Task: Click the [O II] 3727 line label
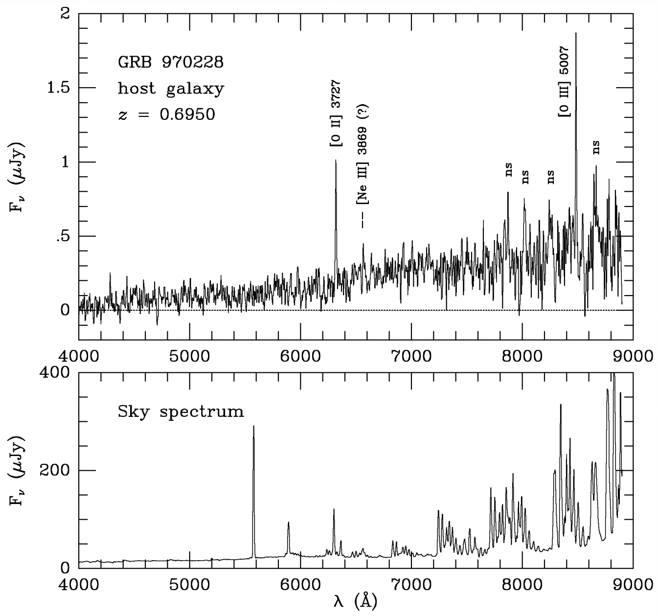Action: pos(336,115)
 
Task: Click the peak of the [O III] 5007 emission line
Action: pos(576,33)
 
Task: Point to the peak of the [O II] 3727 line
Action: pos(336,160)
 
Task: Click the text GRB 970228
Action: pos(170,63)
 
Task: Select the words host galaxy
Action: pos(171,89)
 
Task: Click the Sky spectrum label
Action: pos(181,411)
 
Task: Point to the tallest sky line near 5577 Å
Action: pos(253,426)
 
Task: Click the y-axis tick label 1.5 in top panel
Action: pos(57,88)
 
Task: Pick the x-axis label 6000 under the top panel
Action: pos(300,355)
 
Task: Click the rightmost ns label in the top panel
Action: pos(596,147)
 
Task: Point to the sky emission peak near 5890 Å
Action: pos(288,523)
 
